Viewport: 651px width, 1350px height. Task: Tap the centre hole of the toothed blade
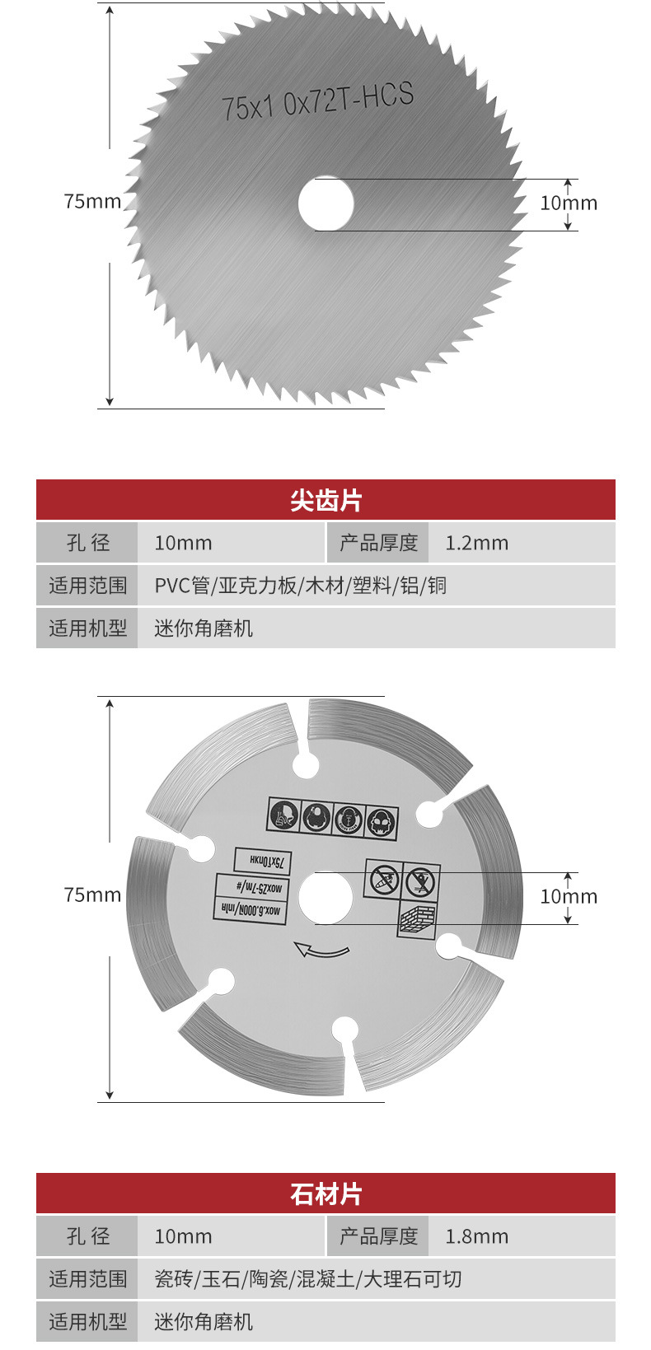click(325, 203)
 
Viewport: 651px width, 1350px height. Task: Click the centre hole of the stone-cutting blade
click(325, 897)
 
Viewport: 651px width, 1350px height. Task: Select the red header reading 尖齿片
click(325, 500)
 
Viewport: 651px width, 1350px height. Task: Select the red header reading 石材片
click(325, 1194)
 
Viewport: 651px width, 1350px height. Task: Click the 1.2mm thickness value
click(476, 544)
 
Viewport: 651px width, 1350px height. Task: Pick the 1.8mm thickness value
click(476, 1237)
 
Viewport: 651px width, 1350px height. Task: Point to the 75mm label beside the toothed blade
click(92, 202)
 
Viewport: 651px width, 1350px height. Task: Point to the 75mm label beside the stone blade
click(92, 895)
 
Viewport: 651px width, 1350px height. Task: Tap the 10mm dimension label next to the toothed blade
click(569, 203)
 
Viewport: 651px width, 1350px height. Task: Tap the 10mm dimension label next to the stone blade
click(569, 897)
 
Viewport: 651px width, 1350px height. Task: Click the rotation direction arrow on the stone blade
click(321, 951)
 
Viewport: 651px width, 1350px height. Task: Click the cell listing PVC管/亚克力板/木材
click(301, 586)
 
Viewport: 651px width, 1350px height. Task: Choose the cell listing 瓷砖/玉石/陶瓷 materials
click(308, 1280)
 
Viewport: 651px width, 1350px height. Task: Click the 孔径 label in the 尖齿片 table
click(87, 544)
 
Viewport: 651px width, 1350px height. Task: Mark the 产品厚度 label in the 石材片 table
click(378, 1237)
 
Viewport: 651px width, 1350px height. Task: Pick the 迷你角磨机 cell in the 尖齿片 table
click(204, 629)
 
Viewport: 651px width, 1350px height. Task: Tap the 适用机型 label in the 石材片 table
click(87, 1323)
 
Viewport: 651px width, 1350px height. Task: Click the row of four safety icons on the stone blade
click(334, 818)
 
